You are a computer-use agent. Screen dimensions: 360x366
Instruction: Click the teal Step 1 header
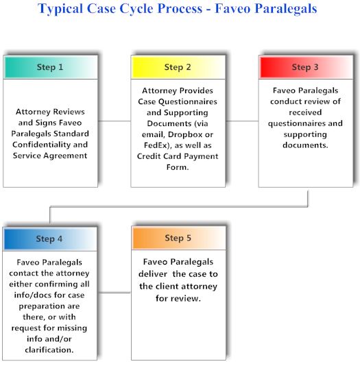[51, 67]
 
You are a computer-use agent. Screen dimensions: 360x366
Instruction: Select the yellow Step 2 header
[178, 67]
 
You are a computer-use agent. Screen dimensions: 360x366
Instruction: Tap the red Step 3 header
[306, 67]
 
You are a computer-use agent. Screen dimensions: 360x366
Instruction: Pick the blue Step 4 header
[50, 239]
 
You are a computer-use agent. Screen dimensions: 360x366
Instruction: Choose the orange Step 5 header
[178, 238]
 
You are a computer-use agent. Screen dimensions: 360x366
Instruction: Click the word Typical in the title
[60, 9]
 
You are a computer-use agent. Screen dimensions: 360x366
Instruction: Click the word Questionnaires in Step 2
[191, 101]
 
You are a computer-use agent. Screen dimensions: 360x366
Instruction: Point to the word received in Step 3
[305, 112]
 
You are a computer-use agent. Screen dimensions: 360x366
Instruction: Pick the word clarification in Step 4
[49, 350]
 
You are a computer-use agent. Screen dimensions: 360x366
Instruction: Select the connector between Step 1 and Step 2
[115, 121]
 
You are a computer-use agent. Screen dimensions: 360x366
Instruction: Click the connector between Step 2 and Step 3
[242, 121]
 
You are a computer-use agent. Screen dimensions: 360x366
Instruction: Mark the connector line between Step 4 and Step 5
[115, 293]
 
